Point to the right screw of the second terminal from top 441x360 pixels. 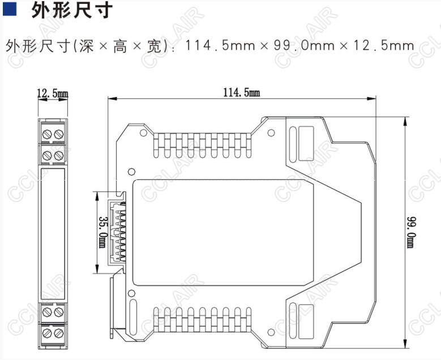pos(58,155)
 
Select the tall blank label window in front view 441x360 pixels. pos(53,232)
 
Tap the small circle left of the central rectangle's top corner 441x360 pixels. pos(131,170)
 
